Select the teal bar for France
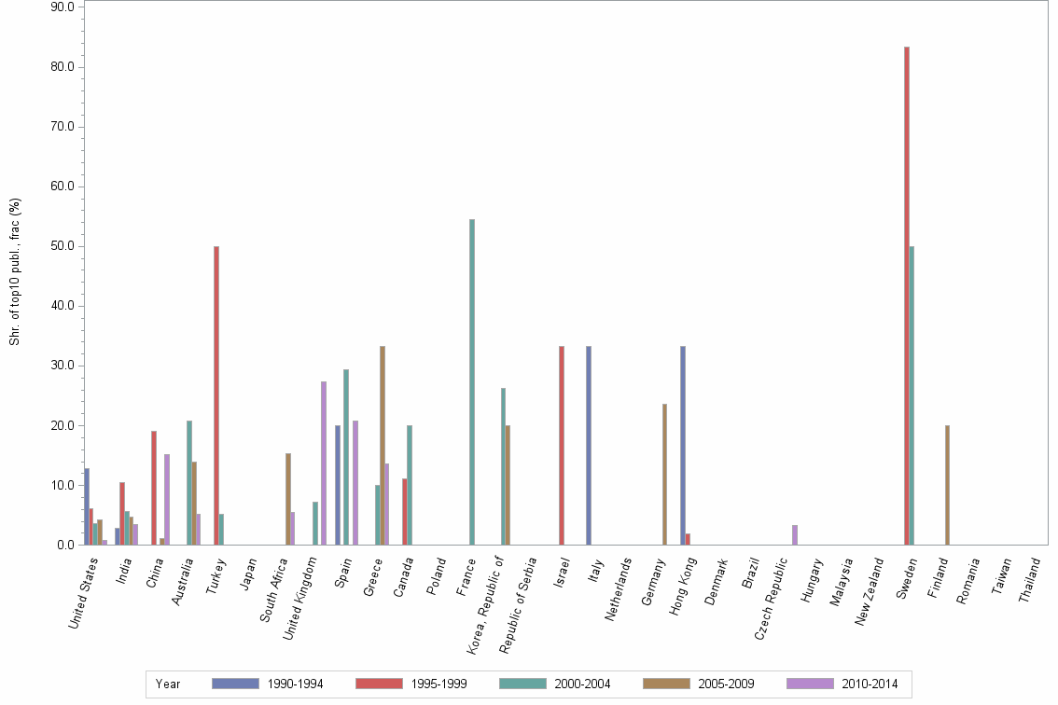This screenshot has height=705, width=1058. [x=472, y=382]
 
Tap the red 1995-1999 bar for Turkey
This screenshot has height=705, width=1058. [x=216, y=395]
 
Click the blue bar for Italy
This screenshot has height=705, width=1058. [x=589, y=446]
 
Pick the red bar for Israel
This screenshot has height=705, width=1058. [x=562, y=446]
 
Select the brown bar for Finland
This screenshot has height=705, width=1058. [x=947, y=485]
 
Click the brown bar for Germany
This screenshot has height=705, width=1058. [x=664, y=475]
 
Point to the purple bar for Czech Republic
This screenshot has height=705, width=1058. [x=794, y=535]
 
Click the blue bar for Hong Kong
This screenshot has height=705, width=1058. [x=683, y=446]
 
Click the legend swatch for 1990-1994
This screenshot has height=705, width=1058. [x=235, y=684]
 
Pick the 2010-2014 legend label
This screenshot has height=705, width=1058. [x=870, y=684]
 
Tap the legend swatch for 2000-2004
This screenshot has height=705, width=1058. [x=522, y=684]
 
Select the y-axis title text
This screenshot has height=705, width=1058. [x=15, y=271]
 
